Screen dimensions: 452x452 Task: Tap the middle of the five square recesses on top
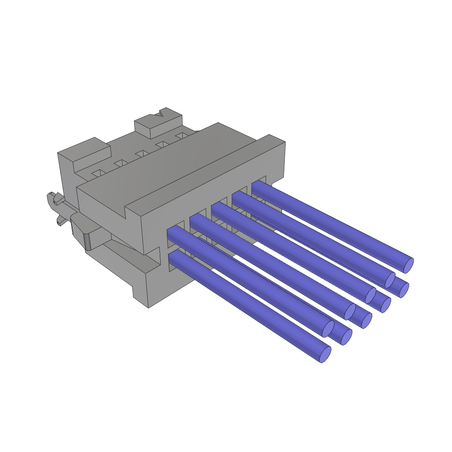[x=142, y=153]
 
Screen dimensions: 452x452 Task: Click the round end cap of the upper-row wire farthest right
[x=409, y=265]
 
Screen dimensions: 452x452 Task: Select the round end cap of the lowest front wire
[x=325, y=354]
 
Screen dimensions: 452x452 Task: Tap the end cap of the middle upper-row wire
[x=370, y=296]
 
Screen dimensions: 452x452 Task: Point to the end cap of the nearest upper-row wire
[x=328, y=329]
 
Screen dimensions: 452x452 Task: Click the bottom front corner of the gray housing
[x=148, y=307]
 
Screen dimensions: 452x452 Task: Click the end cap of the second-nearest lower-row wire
[x=347, y=337]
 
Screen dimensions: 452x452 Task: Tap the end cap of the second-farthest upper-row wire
[x=390, y=280]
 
